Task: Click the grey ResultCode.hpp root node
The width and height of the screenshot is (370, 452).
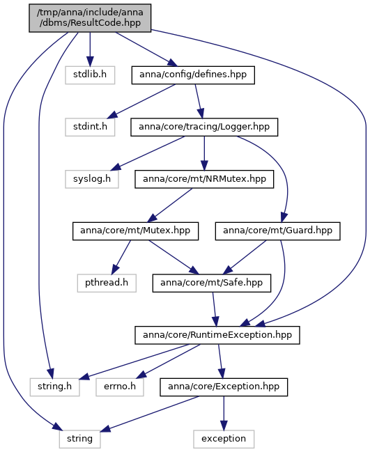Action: pos(90,18)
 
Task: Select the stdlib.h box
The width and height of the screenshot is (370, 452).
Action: pos(90,75)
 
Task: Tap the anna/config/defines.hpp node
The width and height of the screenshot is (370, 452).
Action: pos(193,75)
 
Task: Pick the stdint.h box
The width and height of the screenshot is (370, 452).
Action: pos(90,127)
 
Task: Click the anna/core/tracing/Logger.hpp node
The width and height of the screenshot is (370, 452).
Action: pos(204,127)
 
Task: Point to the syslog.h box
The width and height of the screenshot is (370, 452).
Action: pos(92,179)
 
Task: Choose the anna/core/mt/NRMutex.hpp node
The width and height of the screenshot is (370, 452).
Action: pos(204,179)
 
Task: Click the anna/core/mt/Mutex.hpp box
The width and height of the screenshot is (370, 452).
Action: pos(135,231)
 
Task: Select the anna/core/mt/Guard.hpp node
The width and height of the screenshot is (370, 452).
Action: pos(278,231)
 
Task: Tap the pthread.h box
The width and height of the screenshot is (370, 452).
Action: pos(107,283)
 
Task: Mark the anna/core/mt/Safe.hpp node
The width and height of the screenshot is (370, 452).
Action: pos(212,283)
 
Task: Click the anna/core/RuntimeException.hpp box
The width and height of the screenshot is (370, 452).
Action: pos(217,335)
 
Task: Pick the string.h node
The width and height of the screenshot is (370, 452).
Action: pos(55,387)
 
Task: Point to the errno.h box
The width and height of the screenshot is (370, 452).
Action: pos(120,387)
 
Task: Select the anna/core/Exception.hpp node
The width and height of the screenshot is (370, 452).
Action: pos(224,387)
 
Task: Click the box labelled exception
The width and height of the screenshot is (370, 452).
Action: pos(224,439)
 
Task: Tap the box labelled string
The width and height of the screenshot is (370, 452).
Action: pos(80,439)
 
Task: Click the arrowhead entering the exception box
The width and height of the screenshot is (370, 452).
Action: pos(224,426)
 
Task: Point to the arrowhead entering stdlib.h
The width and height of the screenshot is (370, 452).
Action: pos(90,61)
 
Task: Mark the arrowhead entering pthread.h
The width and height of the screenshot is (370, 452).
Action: pos(114,270)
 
